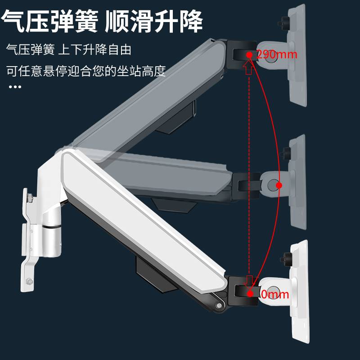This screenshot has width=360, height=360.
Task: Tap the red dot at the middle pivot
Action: coord(279,185)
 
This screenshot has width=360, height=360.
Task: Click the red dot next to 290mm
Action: coord(249,54)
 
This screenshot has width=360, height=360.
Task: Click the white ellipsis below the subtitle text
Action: coord(15,86)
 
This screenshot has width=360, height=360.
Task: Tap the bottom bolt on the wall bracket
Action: coord(29,282)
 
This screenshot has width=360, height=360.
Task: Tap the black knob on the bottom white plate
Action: coord(286,260)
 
